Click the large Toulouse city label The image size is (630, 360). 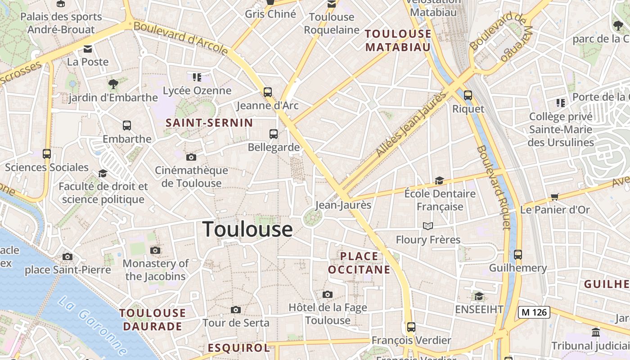click(247, 229)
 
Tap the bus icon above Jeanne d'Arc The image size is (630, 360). click(268, 92)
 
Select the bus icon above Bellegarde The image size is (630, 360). click(274, 134)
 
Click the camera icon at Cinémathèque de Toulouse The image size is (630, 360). click(191, 157)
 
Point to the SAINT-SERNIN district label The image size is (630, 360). click(209, 122)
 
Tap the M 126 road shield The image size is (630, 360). click(534, 312)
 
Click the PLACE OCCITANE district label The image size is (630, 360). click(359, 263)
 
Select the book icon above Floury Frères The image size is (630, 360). click(427, 226)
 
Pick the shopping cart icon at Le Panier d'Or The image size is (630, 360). click(554, 197)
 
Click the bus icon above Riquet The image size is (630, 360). click(468, 95)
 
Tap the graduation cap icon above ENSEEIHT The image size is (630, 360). click(479, 296)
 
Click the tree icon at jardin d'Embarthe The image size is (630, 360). click(113, 84)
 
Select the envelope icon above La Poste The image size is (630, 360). click(88, 49)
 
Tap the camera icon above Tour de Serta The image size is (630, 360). click(235, 310)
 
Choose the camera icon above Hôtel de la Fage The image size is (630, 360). click(328, 294)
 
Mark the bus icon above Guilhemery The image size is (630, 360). click(518, 254)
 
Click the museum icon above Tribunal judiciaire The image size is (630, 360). click(596, 333)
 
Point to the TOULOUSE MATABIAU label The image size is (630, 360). click(398, 40)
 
